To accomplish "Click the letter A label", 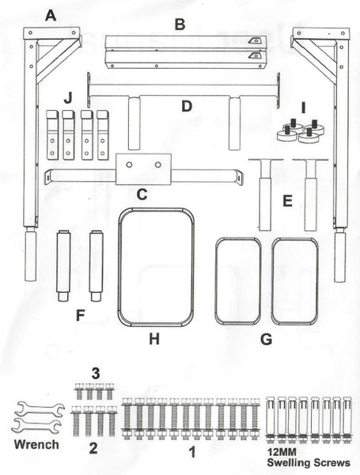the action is (x=51, y=15).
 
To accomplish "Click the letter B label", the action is (x=180, y=25).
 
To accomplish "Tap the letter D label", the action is (x=187, y=106).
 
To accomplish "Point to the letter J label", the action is (x=68, y=98).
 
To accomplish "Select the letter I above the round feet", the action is (x=303, y=108).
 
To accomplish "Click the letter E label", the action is (x=287, y=201).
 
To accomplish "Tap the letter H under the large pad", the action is (x=154, y=339).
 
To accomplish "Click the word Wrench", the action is (x=36, y=444).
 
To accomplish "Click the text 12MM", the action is (x=282, y=453).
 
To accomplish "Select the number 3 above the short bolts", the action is (x=96, y=374).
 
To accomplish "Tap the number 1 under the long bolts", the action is (x=192, y=453).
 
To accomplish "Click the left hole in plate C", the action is (x=129, y=165).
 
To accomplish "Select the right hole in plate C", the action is (x=157, y=165).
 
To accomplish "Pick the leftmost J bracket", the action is (x=52, y=135).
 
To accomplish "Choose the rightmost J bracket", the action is (x=103, y=135).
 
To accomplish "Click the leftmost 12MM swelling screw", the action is (x=271, y=420).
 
